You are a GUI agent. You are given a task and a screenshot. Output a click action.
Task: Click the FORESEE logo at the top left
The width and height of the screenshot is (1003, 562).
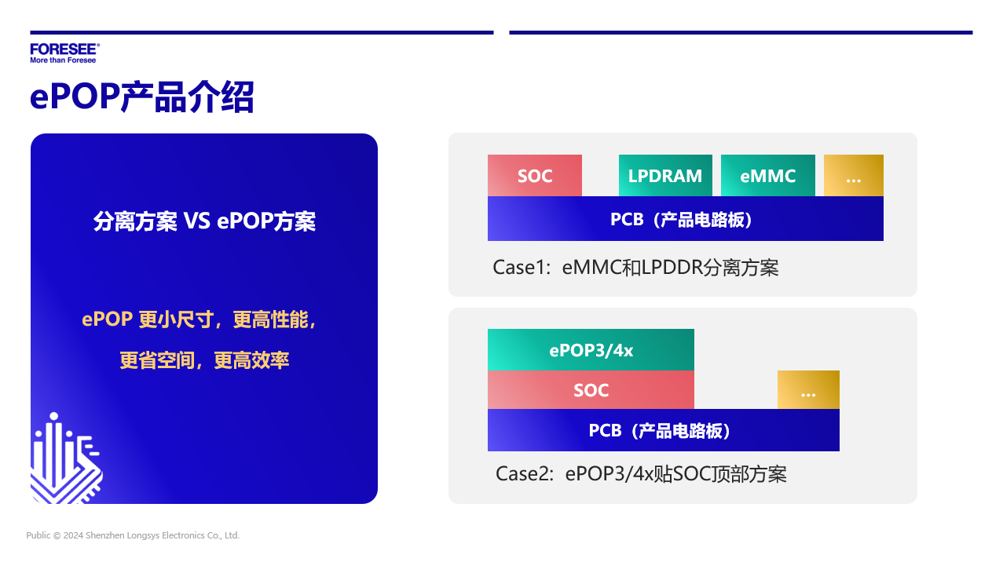[65, 53]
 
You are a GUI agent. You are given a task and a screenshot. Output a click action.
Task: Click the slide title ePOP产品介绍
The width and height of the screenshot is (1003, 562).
[142, 97]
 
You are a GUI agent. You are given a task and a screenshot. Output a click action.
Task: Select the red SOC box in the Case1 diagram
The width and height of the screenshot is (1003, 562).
[535, 175]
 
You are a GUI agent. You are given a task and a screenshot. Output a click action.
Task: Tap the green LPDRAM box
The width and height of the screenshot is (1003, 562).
[665, 175]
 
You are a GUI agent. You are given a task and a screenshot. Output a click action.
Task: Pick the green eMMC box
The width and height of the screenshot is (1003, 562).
[768, 175]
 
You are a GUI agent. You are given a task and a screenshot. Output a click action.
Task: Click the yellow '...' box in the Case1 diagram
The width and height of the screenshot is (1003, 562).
[854, 175]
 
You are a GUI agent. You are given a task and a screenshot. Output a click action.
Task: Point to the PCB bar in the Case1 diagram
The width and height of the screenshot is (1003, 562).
[686, 219]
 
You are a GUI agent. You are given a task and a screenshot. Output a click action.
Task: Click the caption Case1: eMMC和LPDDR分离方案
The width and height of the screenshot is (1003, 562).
[635, 268]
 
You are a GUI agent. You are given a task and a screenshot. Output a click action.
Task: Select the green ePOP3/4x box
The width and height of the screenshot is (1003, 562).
[591, 350]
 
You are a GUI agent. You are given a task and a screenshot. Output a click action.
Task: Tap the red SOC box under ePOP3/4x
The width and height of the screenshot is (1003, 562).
[591, 390]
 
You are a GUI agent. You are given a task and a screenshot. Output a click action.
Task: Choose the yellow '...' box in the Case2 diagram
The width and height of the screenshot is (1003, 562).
[808, 390]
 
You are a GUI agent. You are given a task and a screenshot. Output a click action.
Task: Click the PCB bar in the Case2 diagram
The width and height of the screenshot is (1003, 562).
[664, 430]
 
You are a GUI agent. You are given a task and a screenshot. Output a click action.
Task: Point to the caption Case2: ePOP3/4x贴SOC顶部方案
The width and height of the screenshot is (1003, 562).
[641, 474]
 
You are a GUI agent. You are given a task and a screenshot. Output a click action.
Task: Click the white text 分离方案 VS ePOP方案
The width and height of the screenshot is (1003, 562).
[204, 221]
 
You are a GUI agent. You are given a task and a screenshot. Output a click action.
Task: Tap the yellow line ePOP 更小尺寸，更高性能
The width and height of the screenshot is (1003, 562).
[200, 319]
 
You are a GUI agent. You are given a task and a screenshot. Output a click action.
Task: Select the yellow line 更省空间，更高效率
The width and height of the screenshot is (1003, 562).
[204, 360]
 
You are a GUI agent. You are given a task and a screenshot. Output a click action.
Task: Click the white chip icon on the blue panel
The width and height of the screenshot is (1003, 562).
[66, 458]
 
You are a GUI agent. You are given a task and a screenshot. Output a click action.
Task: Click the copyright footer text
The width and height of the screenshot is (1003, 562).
[133, 535]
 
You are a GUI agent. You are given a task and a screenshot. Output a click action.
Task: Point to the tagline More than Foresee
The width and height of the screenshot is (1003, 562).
[63, 60]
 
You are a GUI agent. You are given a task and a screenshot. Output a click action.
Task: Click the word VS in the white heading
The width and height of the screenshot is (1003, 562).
[197, 221]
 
